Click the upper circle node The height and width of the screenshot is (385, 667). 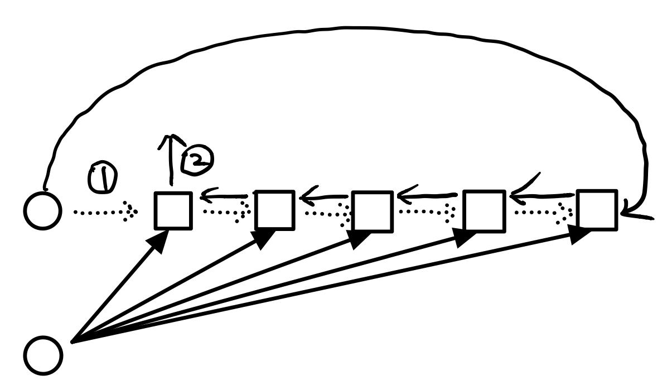42,211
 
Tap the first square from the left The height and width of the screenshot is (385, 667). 173,210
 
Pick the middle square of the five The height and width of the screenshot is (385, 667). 372,210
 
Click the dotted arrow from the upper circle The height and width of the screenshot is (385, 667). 105,212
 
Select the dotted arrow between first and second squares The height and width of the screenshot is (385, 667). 223,213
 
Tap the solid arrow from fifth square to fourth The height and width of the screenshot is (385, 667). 541,195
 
